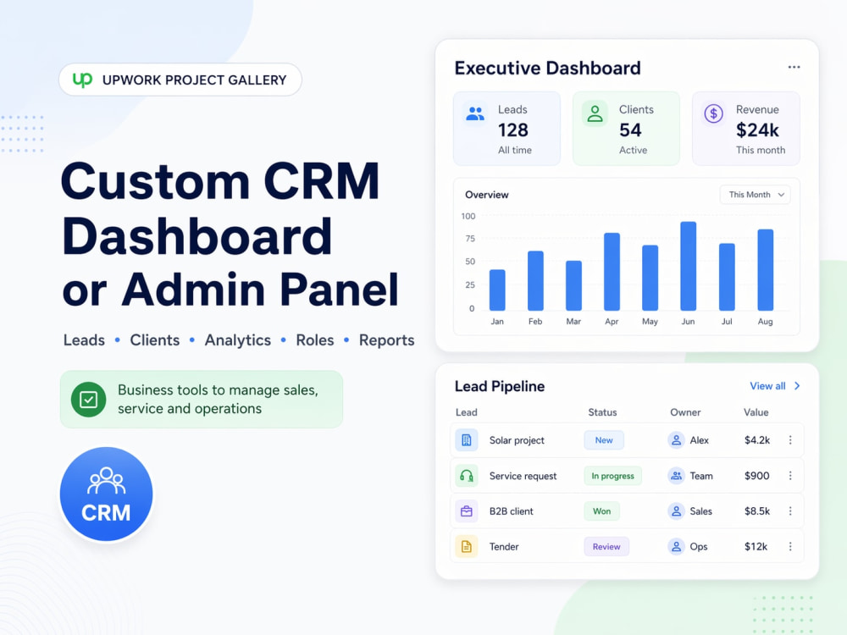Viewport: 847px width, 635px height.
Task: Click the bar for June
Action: point(688,266)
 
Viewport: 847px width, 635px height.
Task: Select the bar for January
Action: point(497,290)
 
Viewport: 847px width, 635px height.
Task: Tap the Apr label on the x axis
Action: point(612,321)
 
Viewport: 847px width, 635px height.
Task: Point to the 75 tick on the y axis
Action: point(470,239)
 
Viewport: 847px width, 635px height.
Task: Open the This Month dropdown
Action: point(756,195)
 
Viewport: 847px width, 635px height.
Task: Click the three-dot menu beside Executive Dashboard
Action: point(794,67)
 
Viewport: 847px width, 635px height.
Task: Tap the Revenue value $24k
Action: point(757,130)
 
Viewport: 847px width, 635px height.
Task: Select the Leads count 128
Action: point(512,130)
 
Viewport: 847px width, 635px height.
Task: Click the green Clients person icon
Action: point(595,114)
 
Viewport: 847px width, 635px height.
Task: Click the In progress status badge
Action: point(612,476)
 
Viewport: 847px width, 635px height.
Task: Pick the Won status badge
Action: point(601,511)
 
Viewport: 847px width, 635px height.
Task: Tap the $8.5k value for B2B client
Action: point(756,511)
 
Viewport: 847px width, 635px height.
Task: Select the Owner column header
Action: point(685,412)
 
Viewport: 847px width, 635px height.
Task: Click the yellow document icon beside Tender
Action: point(466,546)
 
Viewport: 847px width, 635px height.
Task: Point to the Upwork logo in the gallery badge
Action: point(83,80)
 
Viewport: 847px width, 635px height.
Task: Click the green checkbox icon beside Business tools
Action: point(89,400)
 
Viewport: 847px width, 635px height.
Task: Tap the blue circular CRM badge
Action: point(107,494)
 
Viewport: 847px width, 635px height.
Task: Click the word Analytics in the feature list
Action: point(238,340)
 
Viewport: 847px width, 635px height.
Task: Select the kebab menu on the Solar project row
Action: point(790,440)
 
